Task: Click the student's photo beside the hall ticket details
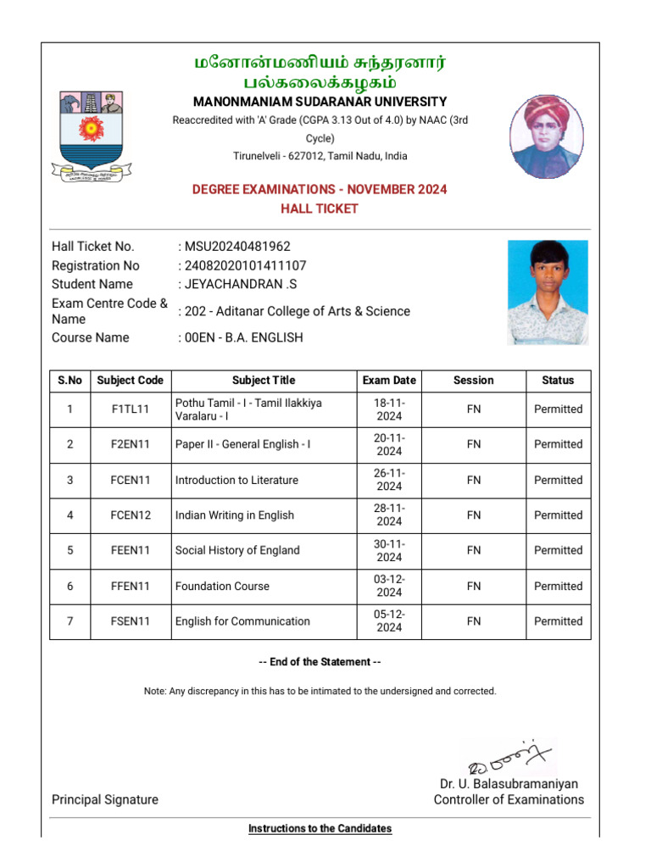pyautogui.click(x=547, y=292)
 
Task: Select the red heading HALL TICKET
pyautogui.click(x=320, y=209)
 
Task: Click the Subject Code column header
pyautogui.click(x=130, y=381)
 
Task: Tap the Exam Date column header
pyautogui.click(x=389, y=381)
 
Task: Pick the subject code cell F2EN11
pyautogui.click(x=130, y=444)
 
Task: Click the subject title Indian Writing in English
pyautogui.click(x=235, y=515)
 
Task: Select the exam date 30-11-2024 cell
pyautogui.click(x=389, y=550)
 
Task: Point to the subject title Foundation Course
pyautogui.click(x=222, y=586)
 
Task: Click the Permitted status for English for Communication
pyautogui.click(x=558, y=621)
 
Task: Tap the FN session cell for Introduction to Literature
pyautogui.click(x=473, y=480)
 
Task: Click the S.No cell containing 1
pyautogui.click(x=70, y=409)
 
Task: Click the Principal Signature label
pyautogui.click(x=105, y=799)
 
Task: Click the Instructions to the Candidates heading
pyautogui.click(x=320, y=828)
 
